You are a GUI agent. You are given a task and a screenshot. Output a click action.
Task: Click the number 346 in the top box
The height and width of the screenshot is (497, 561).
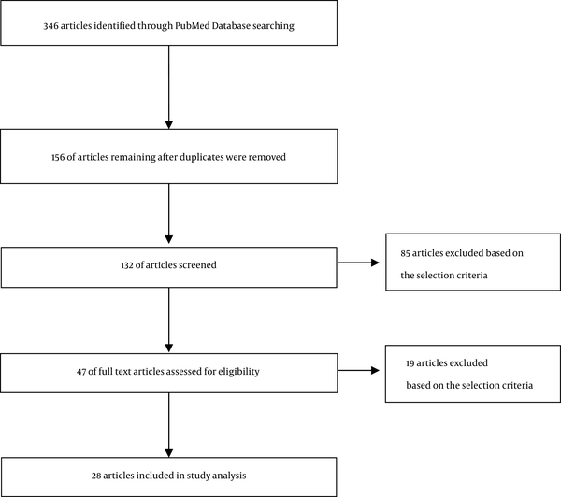(50, 26)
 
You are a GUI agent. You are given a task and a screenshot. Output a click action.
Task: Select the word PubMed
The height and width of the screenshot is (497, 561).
(193, 26)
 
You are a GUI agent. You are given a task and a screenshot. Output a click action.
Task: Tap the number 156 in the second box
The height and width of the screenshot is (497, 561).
(58, 157)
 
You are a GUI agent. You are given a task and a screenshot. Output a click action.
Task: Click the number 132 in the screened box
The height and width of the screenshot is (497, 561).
(127, 265)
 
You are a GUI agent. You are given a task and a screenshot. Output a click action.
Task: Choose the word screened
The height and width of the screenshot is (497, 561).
(198, 265)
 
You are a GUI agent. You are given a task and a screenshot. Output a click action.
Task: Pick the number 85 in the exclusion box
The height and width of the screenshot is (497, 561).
(405, 253)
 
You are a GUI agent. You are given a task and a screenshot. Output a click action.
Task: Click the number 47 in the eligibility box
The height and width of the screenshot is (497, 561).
(81, 372)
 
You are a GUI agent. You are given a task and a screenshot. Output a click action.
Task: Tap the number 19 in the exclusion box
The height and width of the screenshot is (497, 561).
(410, 363)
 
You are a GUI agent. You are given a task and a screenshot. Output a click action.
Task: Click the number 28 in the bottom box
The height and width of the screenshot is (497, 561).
(96, 476)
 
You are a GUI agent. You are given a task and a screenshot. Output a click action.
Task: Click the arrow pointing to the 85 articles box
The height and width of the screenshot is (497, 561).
(359, 263)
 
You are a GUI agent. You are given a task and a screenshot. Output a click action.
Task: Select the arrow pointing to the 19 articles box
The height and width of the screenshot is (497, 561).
(359, 371)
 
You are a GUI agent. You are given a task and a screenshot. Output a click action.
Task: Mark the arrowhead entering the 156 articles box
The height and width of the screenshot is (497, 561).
(169, 125)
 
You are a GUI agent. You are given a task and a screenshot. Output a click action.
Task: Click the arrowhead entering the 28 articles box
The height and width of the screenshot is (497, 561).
(169, 453)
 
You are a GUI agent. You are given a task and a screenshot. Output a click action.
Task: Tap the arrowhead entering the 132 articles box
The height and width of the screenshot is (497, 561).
(169, 239)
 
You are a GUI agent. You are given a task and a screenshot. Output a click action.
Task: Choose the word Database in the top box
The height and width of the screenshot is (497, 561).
(231, 26)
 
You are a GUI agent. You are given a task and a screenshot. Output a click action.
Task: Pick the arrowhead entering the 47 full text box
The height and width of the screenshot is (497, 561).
(169, 348)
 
